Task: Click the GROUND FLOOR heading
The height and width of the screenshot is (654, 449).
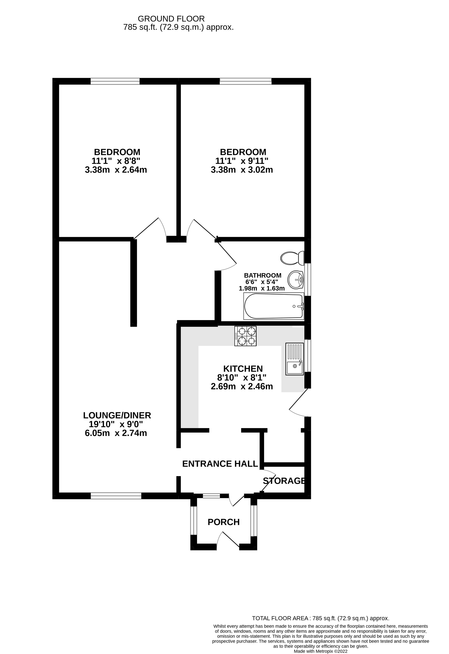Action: [171, 19]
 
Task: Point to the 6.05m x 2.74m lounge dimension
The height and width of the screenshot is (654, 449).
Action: [116, 433]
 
